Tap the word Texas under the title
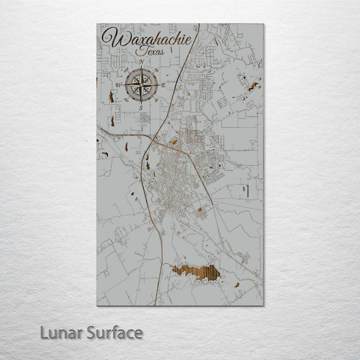(152, 51)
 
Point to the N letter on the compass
(142, 62)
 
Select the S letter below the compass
(141, 107)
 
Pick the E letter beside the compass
(163, 85)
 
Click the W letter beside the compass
(118, 85)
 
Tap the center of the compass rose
(141, 85)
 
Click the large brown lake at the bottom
(196, 272)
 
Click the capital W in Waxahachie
(111, 38)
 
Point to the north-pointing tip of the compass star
(141, 68)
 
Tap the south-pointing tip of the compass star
(141, 102)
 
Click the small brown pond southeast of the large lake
(236, 285)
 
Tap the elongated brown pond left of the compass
(111, 96)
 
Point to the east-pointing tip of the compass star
(158, 85)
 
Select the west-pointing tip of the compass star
(124, 85)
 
